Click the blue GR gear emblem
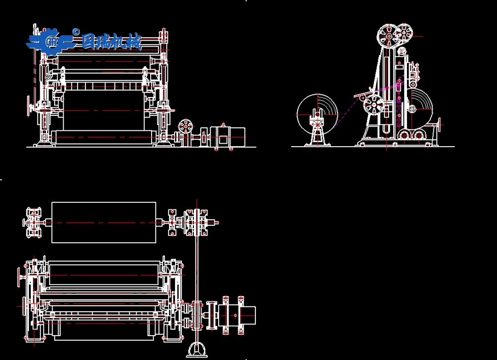(51, 41)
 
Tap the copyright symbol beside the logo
(76, 32)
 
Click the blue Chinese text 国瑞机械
(111, 41)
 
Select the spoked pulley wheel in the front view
(185, 127)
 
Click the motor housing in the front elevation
(228, 137)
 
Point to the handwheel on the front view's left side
(29, 106)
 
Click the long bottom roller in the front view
(104, 137)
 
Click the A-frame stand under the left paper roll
(318, 134)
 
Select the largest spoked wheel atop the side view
(389, 36)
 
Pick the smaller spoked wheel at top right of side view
(405, 33)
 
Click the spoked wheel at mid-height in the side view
(374, 105)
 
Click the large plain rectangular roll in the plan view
(104, 222)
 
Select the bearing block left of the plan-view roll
(34, 222)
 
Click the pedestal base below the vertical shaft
(197, 350)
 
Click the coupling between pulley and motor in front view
(204, 137)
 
